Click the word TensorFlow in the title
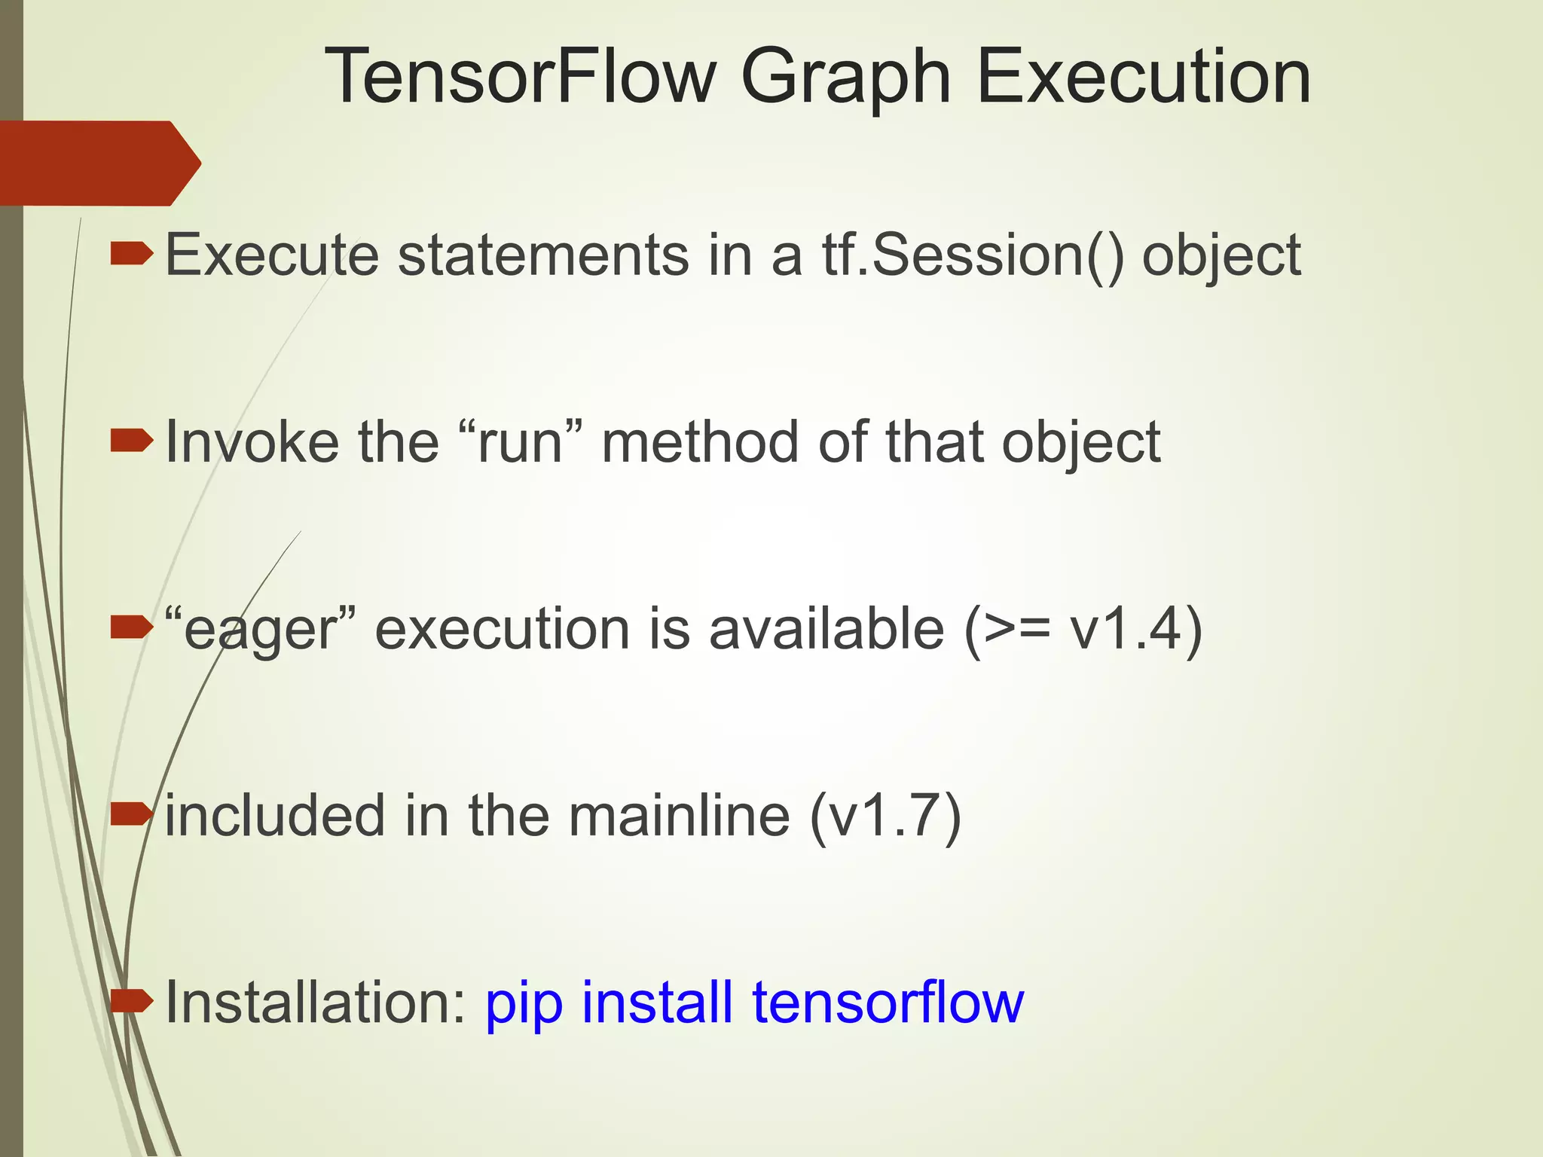click(x=521, y=77)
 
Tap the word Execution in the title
click(x=1144, y=77)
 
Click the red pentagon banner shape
click(x=98, y=163)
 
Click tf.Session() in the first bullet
click(x=972, y=255)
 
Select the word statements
click(x=542, y=255)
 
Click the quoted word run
click(x=520, y=441)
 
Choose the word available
click(x=826, y=629)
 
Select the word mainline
click(x=679, y=816)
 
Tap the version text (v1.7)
click(x=885, y=816)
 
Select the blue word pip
click(x=524, y=1004)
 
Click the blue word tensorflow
click(x=888, y=1003)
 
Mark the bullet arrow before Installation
click(x=131, y=1001)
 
